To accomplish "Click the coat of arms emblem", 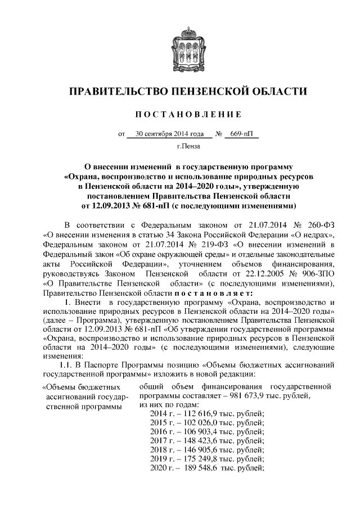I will (180, 45).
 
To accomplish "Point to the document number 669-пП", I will (240, 134).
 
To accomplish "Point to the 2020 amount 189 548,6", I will (197, 468).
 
